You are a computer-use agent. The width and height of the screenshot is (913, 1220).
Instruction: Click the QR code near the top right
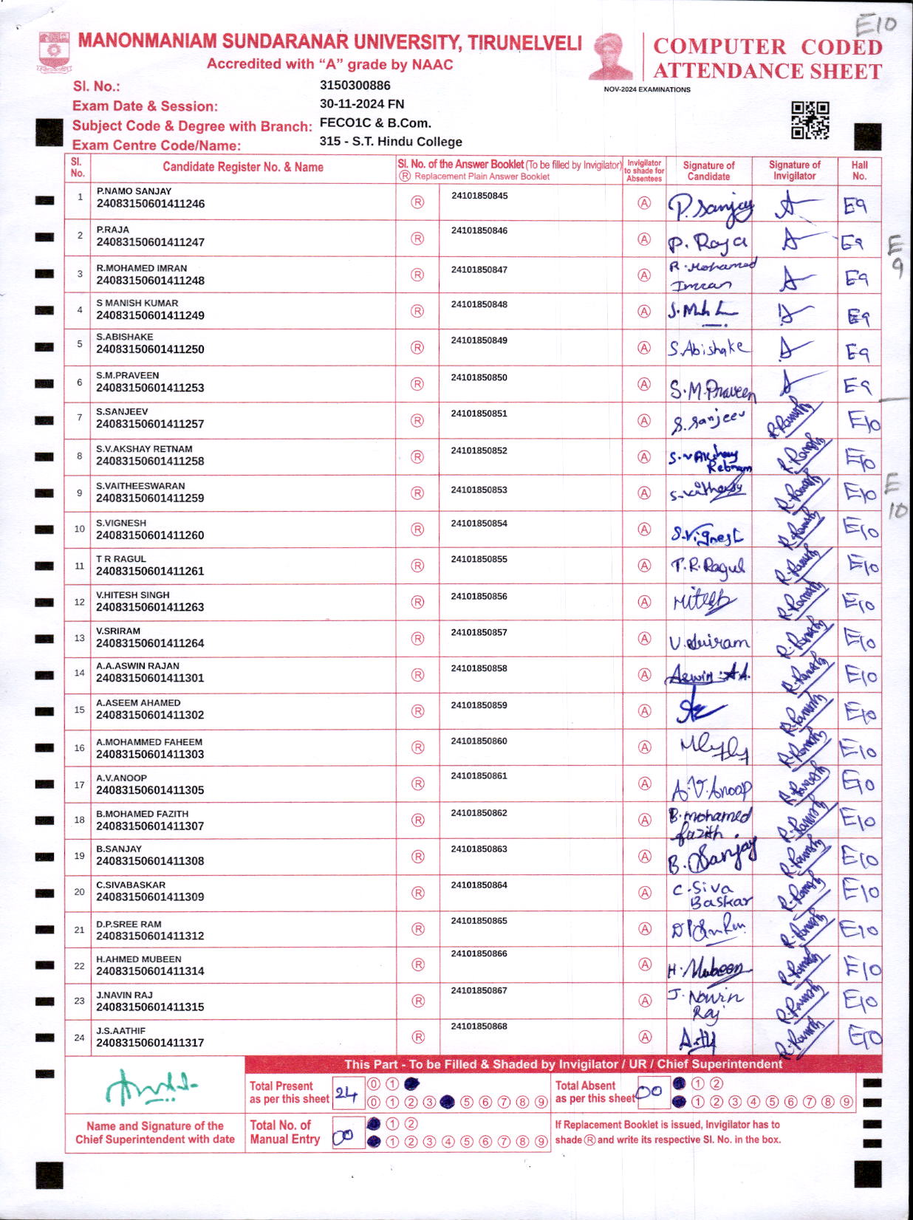[810, 120]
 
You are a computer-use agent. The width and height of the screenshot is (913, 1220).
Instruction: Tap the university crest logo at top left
[53, 50]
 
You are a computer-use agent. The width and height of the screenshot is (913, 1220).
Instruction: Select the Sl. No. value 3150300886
[355, 86]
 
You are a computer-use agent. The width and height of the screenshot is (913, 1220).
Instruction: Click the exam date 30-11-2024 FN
[361, 104]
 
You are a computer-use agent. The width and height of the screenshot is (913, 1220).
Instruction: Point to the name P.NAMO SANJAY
[134, 191]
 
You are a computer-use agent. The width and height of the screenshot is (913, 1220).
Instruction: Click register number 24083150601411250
[150, 349]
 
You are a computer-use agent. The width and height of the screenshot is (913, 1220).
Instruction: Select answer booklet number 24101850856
[479, 596]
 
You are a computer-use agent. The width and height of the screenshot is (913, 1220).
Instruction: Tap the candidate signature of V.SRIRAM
[708, 642]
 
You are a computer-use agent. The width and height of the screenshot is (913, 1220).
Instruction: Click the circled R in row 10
[417, 530]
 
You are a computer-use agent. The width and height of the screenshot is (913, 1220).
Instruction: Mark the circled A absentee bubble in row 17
[644, 784]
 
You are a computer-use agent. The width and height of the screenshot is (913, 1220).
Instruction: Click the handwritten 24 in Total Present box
[346, 1093]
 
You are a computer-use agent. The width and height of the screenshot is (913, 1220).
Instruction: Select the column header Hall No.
[859, 171]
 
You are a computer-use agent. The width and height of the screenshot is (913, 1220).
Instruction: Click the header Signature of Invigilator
[794, 171]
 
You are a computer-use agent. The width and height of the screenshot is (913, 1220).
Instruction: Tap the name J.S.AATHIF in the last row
[120, 1031]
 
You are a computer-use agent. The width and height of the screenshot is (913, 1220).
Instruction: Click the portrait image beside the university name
[611, 56]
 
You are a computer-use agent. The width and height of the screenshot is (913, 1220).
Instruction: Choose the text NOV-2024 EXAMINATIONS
[647, 89]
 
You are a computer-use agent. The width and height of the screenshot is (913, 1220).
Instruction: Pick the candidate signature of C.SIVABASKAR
[711, 894]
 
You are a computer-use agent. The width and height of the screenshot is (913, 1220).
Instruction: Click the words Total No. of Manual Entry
[285, 1132]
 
